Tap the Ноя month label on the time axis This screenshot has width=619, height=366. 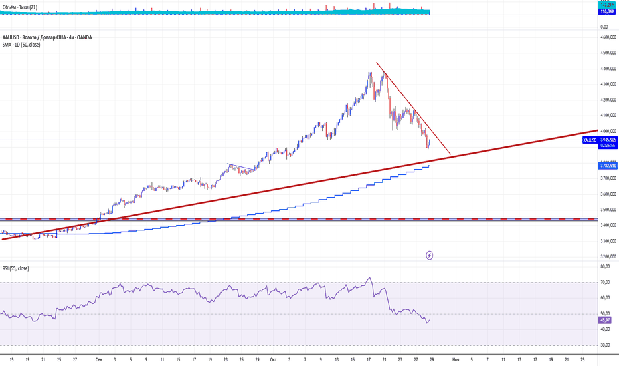coord(455,359)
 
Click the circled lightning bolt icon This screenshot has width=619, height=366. coord(430,255)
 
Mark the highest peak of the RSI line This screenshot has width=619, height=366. coord(369,278)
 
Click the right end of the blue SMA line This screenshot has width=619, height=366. coord(429,165)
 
